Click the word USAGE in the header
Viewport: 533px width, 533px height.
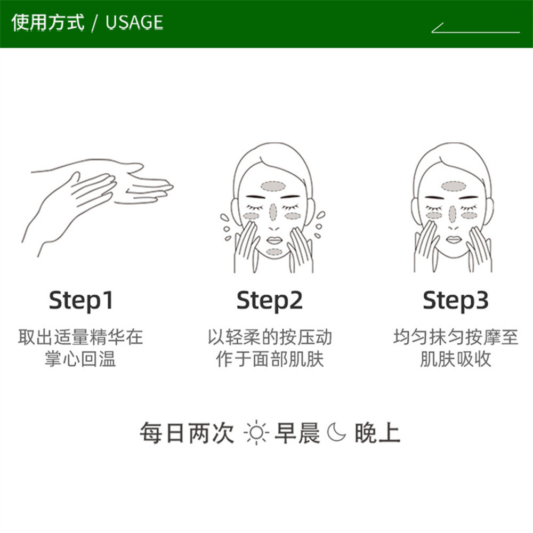click(134, 22)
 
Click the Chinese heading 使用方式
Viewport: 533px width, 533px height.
click(48, 22)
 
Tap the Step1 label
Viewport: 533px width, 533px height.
click(81, 301)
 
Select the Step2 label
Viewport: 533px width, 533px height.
click(269, 301)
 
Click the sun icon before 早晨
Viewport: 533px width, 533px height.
click(257, 433)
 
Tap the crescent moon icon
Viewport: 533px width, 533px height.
click(337, 433)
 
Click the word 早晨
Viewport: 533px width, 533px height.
click(297, 433)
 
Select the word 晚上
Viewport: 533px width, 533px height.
click(377, 433)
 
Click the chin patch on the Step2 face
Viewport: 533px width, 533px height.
click(273, 252)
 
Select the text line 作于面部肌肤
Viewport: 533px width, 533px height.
click(270, 359)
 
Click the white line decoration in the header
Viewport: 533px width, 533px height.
click(475, 29)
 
